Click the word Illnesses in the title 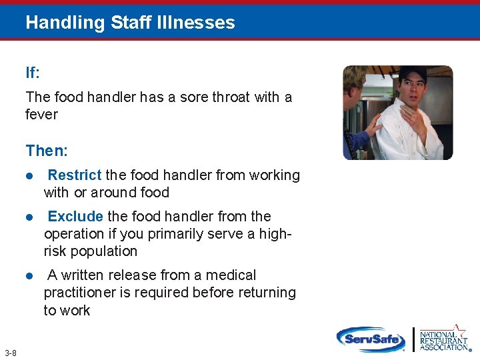point(200,23)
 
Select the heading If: point(34,73)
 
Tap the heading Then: point(46,151)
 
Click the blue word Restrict point(75,175)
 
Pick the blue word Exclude point(75,217)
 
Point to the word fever point(41,115)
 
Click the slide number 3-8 point(11,353)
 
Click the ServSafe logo point(371,339)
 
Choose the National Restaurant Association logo point(444,338)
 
